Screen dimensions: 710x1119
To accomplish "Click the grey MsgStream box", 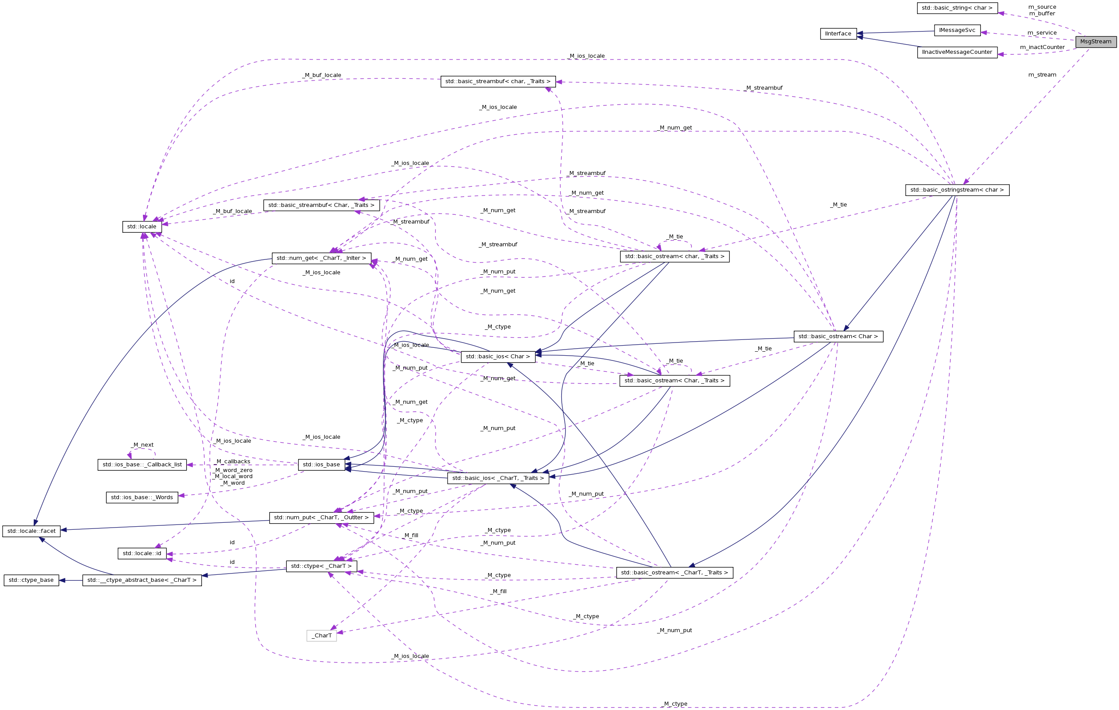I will pos(1095,42).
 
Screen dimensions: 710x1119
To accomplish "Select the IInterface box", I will pos(838,34).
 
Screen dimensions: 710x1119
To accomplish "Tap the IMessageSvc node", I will pos(957,30).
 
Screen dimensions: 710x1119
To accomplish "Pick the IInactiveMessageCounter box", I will pos(957,52).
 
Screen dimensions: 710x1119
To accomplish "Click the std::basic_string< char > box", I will pos(957,8).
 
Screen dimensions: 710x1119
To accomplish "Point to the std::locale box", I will pos(142,227).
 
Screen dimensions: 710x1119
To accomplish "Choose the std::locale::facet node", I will pos(31,531).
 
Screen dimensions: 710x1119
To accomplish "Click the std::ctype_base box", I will pos(31,580).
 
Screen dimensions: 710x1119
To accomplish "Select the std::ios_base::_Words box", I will pos(142,497).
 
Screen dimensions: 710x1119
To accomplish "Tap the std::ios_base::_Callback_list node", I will pos(142,465).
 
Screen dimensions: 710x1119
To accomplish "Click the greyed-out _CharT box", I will pos(322,635).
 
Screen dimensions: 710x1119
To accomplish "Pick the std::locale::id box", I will pos(142,553).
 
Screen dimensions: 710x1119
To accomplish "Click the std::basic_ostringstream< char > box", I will pos(957,190).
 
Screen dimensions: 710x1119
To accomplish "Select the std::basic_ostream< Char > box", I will pos(838,336).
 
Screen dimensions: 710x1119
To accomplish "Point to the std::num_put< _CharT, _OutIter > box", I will pos(321,517).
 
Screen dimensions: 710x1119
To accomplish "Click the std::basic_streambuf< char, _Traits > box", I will pos(498,81).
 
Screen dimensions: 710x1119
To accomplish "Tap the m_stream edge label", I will pos(1042,75).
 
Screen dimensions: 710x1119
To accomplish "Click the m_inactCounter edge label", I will pos(1042,47).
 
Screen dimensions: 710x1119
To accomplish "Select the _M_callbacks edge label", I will pos(233,461).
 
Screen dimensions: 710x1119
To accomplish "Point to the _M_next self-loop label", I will pos(143,445).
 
